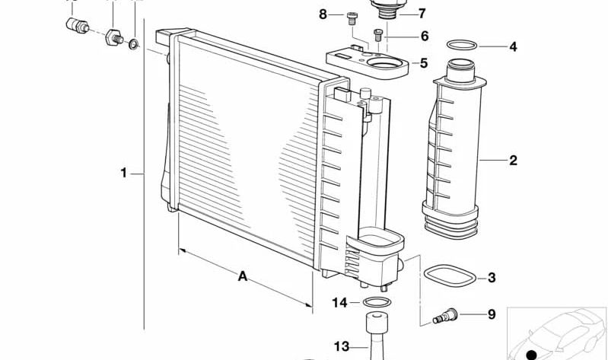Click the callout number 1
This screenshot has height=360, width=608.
[x=123, y=173]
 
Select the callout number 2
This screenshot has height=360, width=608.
[x=513, y=160]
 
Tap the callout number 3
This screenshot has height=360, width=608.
[x=492, y=278]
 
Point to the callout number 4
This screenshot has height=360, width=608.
[x=513, y=46]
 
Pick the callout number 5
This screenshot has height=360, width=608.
[x=424, y=63]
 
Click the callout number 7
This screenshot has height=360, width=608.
[x=422, y=13]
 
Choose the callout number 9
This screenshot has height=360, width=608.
[x=491, y=314]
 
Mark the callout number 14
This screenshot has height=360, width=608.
[x=339, y=302]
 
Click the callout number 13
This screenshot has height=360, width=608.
[x=339, y=346]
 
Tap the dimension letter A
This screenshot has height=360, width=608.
[x=243, y=276]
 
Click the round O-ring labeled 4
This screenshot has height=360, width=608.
[x=461, y=46]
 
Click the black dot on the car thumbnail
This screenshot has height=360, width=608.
[x=532, y=354]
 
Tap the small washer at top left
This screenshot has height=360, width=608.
[x=134, y=43]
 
